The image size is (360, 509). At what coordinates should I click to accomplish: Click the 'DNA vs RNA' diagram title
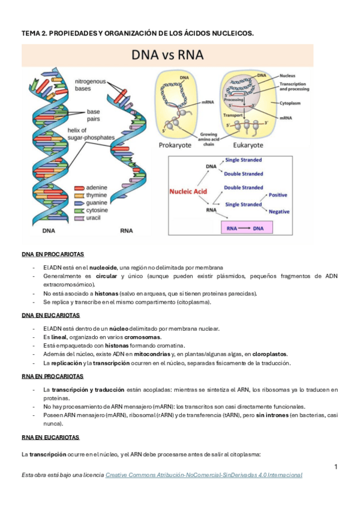[x=168, y=55]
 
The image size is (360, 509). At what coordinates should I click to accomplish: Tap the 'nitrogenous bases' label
[x=91, y=85]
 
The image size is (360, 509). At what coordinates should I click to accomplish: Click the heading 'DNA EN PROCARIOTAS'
[x=53, y=254]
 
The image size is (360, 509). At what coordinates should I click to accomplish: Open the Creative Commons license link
[x=203, y=475]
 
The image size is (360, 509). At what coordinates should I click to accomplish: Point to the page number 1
[x=336, y=466]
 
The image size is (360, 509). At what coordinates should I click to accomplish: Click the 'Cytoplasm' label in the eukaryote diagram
[x=295, y=103]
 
